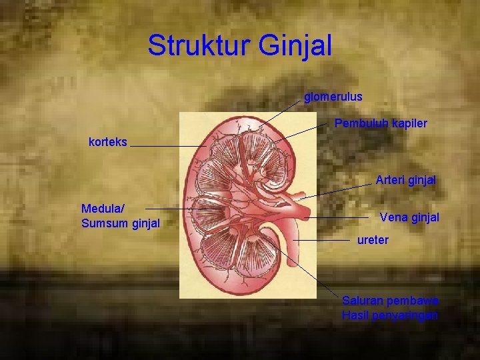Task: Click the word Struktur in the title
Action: click(199, 45)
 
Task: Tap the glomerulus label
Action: click(333, 97)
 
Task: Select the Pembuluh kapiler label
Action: click(381, 123)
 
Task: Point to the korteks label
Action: click(108, 141)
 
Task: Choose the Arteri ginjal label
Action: click(405, 180)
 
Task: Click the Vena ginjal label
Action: click(409, 217)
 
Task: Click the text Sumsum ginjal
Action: click(121, 223)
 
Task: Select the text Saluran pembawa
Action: click(390, 301)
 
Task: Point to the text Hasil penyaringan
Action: click(390, 315)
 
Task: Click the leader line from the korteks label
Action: click(167, 145)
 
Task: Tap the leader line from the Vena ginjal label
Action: click(340, 217)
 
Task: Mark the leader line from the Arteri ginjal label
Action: click(333, 191)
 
